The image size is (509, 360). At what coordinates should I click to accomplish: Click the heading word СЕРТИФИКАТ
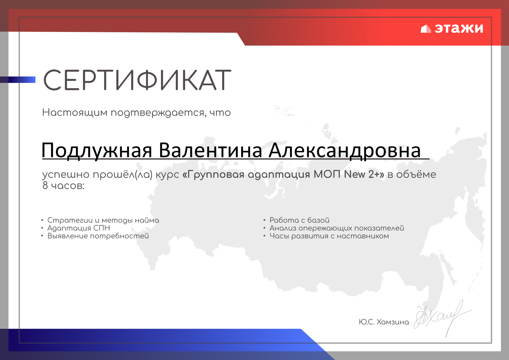[137, 80]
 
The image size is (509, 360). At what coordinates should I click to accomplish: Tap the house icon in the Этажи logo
[426, 29]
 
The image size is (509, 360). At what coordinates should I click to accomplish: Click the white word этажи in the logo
[459, 28]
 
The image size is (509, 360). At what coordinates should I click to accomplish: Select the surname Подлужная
[97, 151]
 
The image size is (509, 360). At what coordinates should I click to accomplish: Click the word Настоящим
[75, 113]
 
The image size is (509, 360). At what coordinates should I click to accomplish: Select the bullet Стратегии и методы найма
[103, 220]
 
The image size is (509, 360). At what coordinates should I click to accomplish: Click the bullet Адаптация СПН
[79, 228]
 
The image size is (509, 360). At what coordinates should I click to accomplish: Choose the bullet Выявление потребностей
[98, 236]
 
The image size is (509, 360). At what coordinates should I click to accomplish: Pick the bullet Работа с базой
[299, 220]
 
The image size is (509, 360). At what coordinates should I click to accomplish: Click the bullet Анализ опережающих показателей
[337, 228]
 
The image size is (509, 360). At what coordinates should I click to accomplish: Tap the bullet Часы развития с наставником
[329, 236]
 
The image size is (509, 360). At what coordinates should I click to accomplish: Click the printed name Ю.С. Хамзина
[384, 322]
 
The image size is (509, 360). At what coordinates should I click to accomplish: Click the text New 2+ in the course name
[364, 174]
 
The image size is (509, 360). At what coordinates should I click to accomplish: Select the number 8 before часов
[45, 186]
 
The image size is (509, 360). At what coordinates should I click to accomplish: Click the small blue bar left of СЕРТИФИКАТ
[18, 80]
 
